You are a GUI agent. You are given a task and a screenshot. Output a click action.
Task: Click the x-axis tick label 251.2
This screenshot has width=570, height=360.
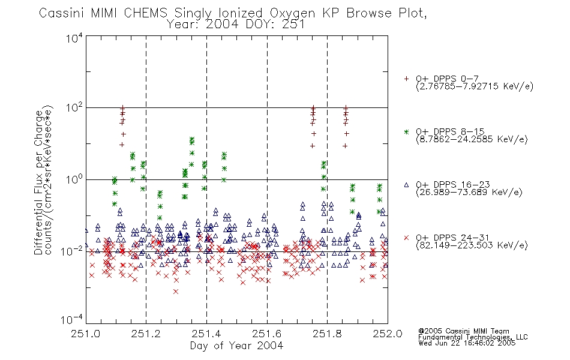pos(146,334)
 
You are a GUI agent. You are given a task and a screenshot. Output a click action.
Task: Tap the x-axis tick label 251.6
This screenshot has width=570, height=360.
pos(267,334)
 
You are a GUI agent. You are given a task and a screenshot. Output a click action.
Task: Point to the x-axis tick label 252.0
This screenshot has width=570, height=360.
pos(388,334)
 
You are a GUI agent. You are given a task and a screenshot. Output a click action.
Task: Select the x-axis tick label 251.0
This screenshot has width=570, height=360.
pos(86,334)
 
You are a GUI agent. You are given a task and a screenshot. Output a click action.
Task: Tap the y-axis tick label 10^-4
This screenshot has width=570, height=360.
pos(73,320)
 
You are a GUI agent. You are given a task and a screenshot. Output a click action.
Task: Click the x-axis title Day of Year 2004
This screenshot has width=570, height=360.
pos(236,346)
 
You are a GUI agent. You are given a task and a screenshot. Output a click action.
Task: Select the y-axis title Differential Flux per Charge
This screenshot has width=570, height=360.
pos(38,182)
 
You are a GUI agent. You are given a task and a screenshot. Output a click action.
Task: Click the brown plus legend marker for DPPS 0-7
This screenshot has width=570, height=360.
pos(406,79)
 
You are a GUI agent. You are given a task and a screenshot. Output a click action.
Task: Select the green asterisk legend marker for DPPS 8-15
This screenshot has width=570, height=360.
pos(406,131)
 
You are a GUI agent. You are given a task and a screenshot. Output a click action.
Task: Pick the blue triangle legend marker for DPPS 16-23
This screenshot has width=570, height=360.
pos(406,185)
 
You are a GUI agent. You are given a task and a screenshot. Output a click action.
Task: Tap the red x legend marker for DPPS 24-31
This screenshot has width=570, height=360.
pos(406,238)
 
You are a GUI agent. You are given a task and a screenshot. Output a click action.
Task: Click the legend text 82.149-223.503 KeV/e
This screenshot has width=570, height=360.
pos(472,245)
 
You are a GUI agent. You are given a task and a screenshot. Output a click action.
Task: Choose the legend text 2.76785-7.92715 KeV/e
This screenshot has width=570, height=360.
pos(475,86)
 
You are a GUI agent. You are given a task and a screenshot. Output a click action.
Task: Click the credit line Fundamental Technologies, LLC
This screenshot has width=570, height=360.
pos(473,337)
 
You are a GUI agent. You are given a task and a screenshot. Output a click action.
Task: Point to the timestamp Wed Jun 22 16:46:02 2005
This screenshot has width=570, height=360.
pos(467,343)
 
